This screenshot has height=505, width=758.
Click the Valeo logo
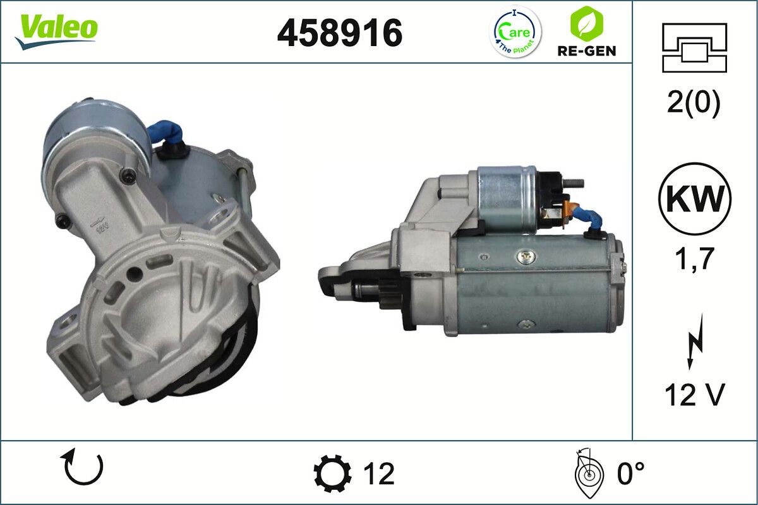pos(56,30)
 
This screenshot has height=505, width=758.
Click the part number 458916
pos(339,33)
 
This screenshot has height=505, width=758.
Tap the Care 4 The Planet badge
pos(516,32)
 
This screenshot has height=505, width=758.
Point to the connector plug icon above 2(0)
pos(694,47)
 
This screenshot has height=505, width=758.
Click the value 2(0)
pos(693,104)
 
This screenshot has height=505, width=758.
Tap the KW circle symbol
pos(694,199)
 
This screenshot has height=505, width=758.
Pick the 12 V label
pos(694,395)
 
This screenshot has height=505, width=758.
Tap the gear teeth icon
pos(332,473)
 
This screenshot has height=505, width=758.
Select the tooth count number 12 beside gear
pos(378,473)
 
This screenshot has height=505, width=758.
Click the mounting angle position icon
pos(588,473)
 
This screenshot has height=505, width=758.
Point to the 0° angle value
pos(630,473)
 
